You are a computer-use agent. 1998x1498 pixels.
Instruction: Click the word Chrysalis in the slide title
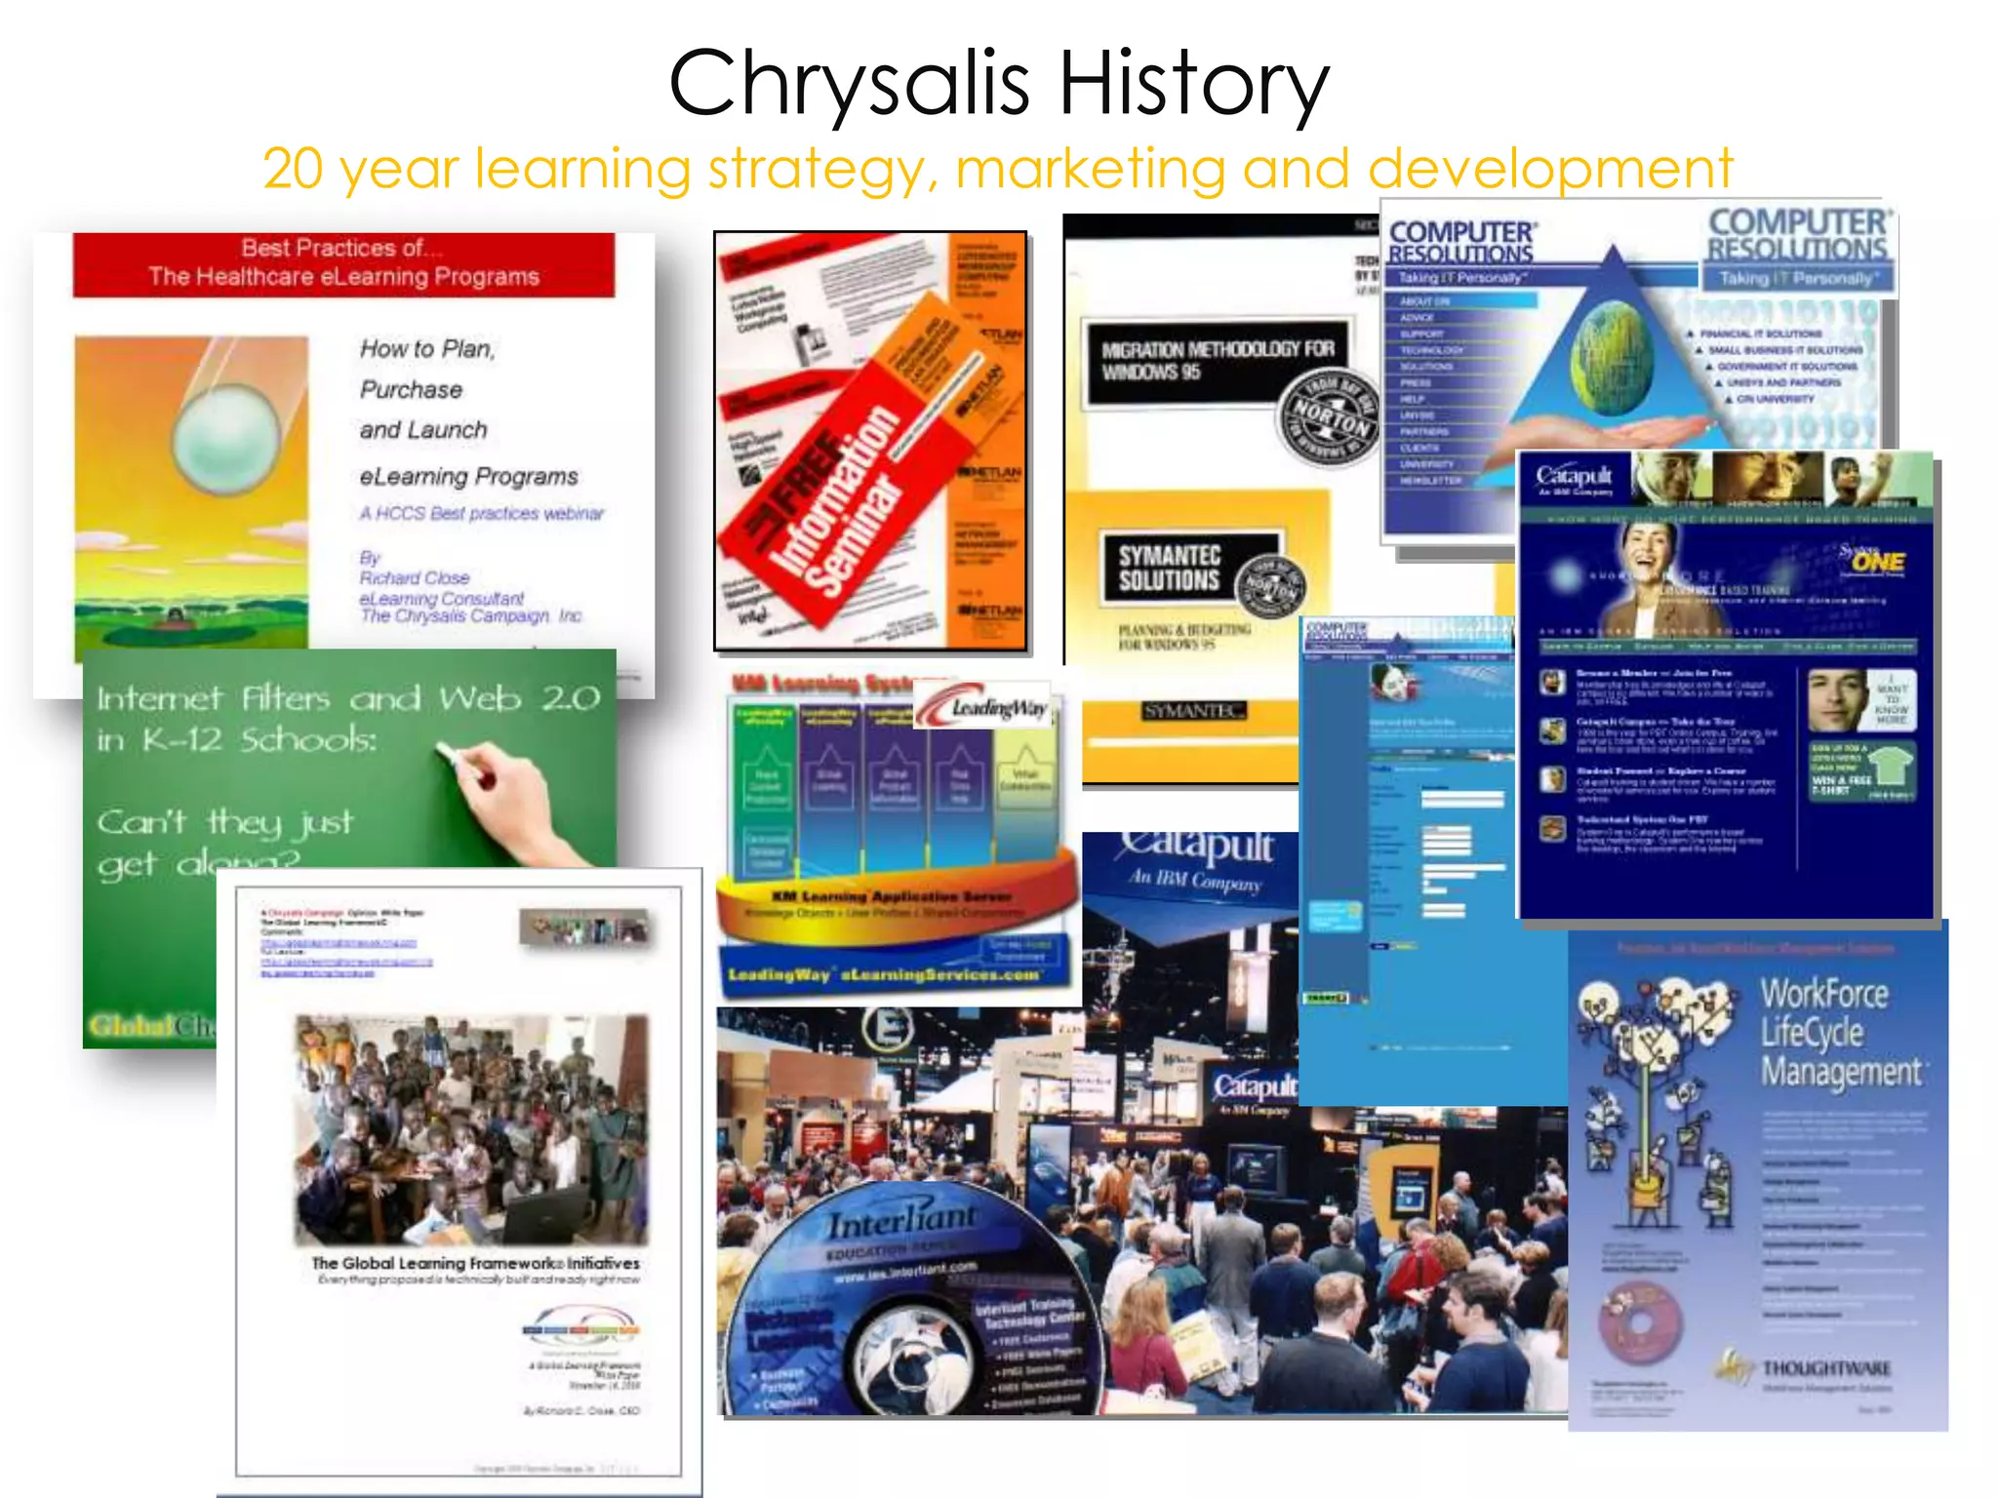coord(849,83)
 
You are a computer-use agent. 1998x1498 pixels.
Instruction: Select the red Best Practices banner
coord(343,263)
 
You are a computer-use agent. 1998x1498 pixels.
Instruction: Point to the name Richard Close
coord(415,577)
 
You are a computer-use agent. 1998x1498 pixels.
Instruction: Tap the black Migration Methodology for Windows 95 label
coord(1218,361)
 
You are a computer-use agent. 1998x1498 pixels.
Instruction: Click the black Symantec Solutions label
coord(1171,568)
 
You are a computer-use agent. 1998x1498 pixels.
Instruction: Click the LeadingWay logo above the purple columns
coord(985,706)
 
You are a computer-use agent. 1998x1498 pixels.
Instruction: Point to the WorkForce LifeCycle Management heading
coord(1839,1032)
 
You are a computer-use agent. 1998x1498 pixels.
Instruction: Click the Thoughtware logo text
coord(1824,1368)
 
